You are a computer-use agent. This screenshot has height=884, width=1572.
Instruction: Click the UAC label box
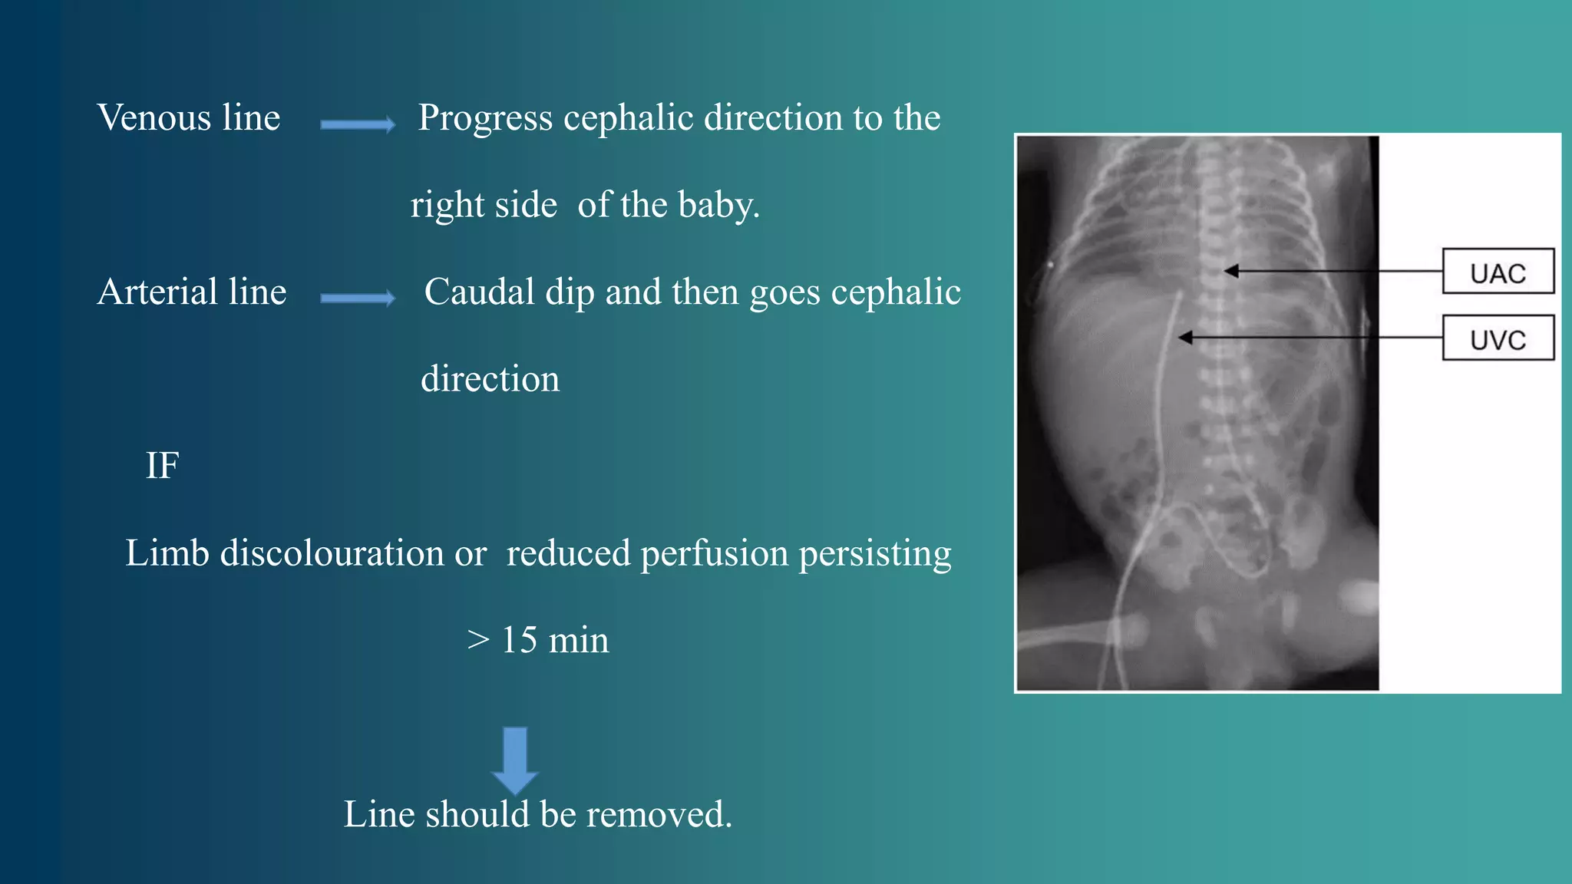click(1498, 272)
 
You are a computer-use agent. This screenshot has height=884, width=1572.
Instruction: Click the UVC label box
click(1498, 338)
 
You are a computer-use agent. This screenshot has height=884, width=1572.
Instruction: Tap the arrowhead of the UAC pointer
click(1231, 271)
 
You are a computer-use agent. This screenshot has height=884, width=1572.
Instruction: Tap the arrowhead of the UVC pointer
click(1186, 337)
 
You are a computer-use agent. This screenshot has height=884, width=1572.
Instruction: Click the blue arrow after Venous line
click(358, 124)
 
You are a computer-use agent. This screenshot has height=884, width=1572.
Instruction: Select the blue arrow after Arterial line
click(358, 298)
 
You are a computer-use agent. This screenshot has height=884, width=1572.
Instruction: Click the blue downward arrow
click(514, 760)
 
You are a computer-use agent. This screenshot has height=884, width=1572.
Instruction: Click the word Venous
click(154, 118)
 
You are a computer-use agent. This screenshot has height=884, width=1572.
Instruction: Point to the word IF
click(163, 466)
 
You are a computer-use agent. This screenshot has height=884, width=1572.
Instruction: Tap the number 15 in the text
click(519, 640)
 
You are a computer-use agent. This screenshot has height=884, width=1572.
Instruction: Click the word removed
click(659, 814)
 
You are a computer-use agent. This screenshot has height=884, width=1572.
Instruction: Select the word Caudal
click(480, 292)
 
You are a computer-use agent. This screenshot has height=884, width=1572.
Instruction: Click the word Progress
click(485, 118)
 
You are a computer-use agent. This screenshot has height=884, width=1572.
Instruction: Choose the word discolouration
click(332, 553)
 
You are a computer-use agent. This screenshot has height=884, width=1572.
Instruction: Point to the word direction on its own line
click(490, 379)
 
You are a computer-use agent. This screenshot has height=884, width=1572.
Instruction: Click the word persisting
click(875, 553)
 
